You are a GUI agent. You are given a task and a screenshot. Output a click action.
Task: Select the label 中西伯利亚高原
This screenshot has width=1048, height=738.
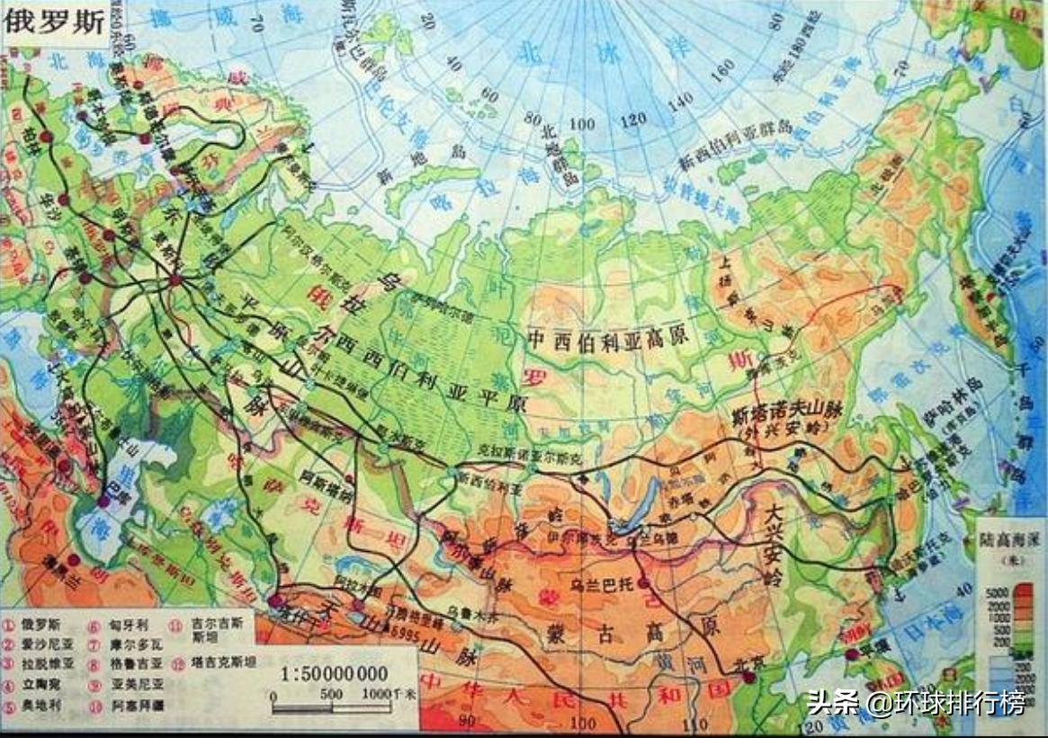click(608, 339)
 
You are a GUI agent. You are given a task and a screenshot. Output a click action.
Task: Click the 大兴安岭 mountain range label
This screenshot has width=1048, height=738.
click(776, 544)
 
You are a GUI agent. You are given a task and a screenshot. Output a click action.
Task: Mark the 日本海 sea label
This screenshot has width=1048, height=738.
click(921, 631)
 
